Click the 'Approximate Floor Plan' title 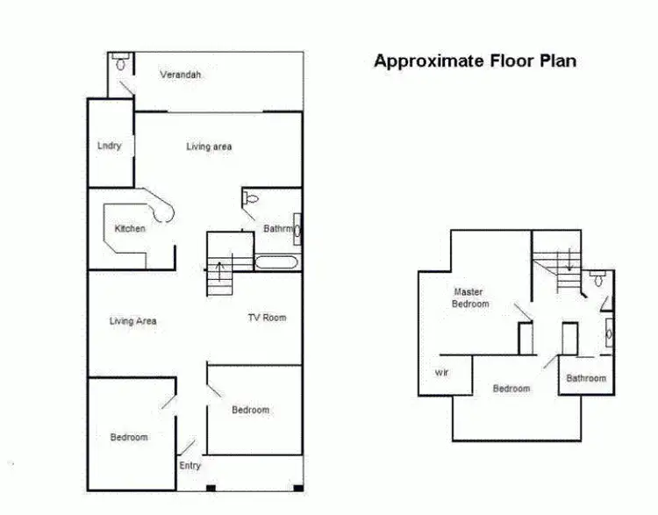click(475, 61)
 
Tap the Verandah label click(181, 75)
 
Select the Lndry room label click(109, 146)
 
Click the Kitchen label click(130, 229)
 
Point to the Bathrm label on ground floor click(278, 229)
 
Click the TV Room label click(267, 318)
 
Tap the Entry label click(190, 466)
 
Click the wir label click(441, 373)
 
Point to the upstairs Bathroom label click(585, 378)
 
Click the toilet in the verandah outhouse click(121, 63)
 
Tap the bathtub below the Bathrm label click(277, 261)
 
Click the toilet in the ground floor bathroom click(251, 199)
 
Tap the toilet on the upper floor click(597, 281)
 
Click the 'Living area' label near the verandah click(209, 147)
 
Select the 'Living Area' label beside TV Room click(133, 321)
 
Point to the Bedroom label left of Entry click(129, 437)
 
